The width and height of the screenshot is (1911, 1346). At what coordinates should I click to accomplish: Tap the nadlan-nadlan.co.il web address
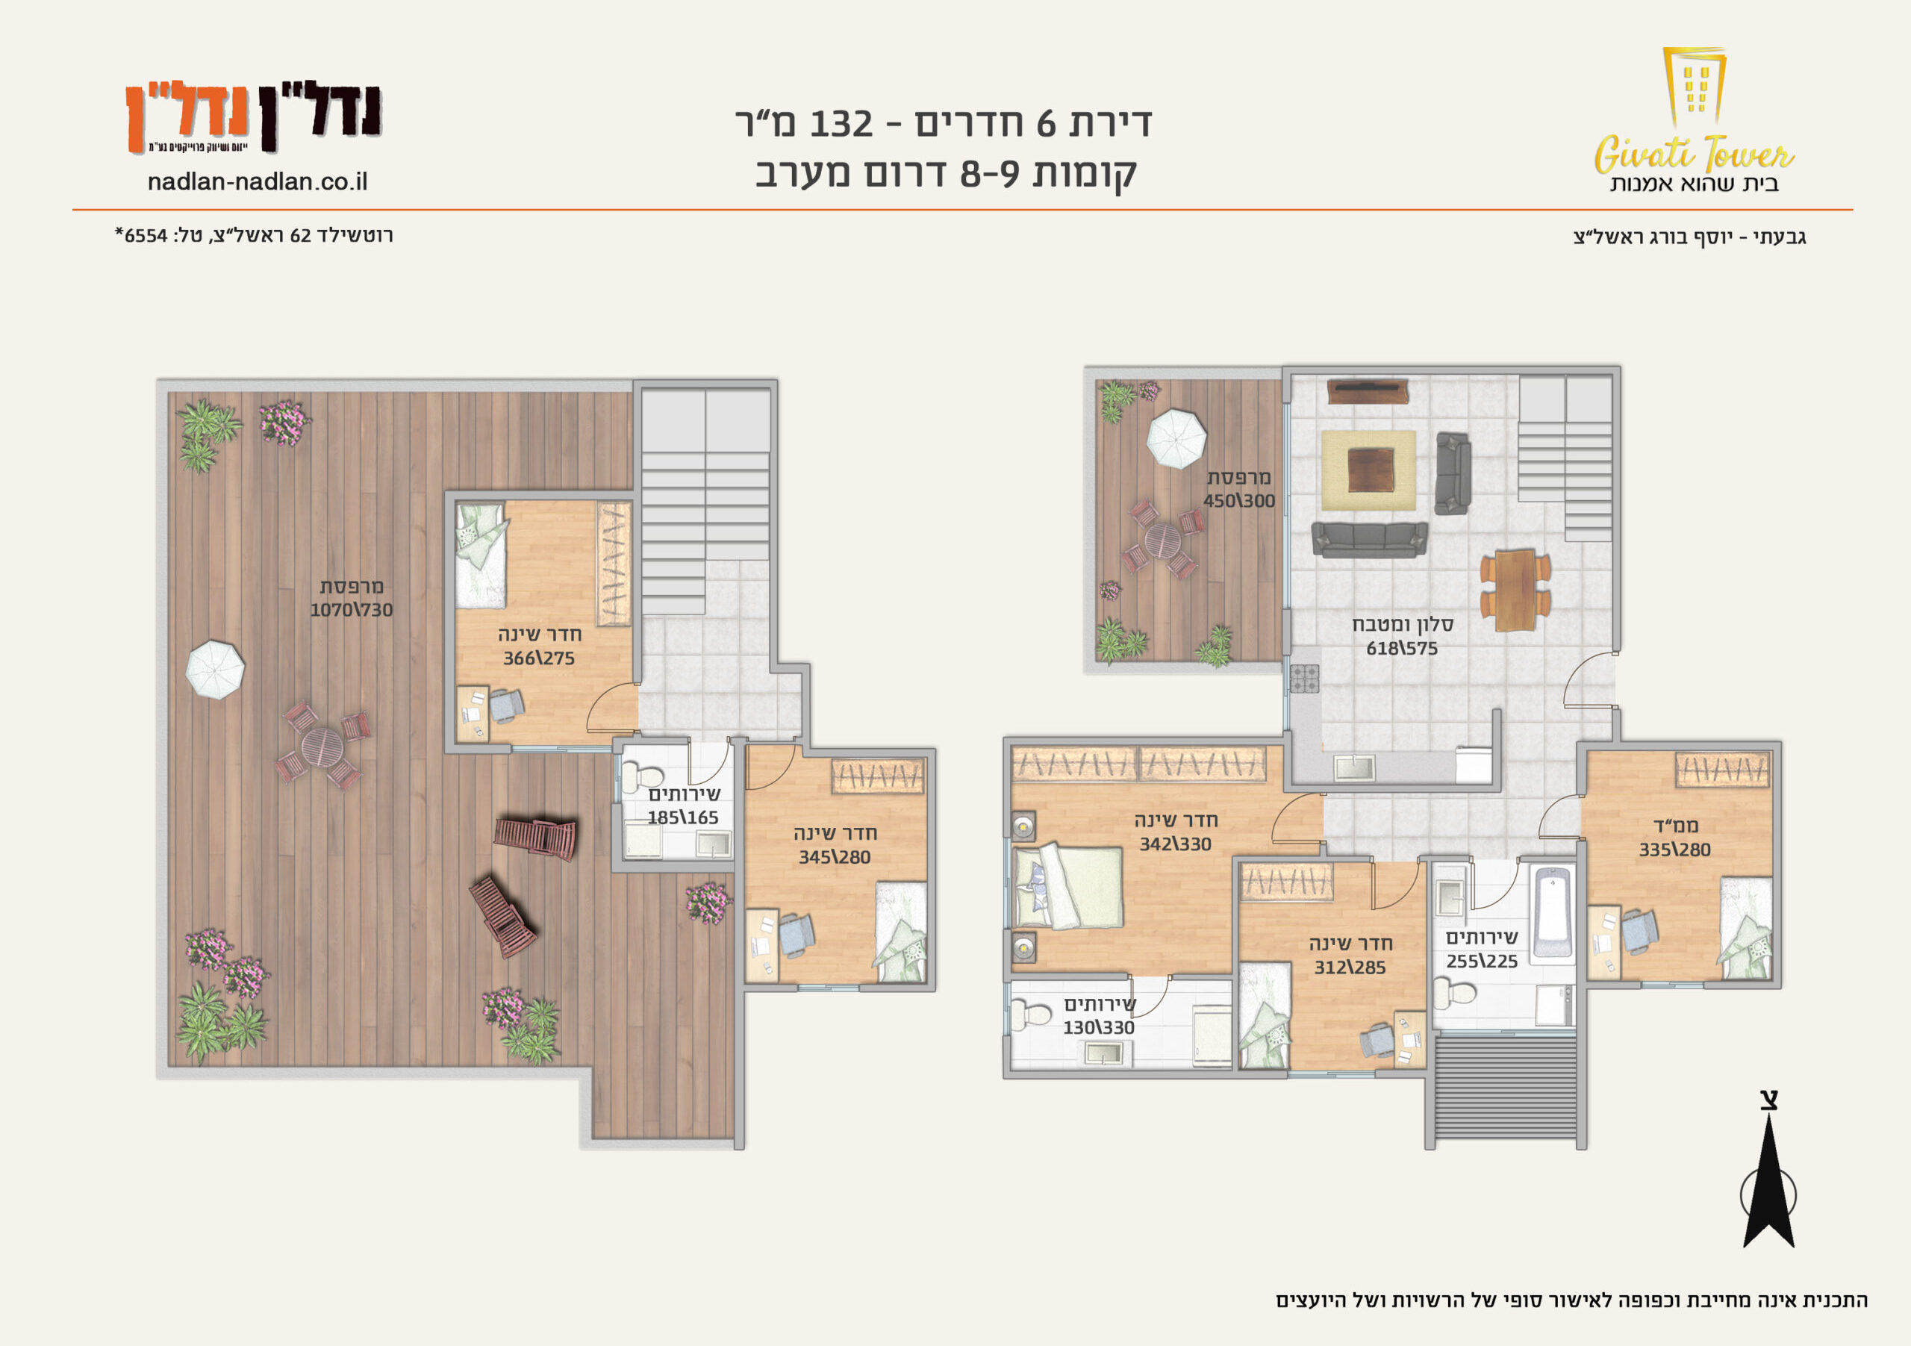pyautogui.click(x=258, y=181)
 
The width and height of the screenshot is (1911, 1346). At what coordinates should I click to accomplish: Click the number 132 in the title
pyautogui.click(x=841, y=124)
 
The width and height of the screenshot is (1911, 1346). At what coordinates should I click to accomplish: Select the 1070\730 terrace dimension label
pyautogui.click(x=352, y=609)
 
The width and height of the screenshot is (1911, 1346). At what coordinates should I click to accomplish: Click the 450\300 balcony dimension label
pyautogui.click(x=1239, y=500)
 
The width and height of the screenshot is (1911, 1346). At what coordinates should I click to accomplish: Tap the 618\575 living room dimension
pyautogui.click(x=1402, y=647)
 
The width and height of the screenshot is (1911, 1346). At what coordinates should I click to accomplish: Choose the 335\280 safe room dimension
pyautogui.click(x=1674, y=849)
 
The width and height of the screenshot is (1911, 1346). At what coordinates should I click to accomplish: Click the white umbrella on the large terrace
pyautogui.click(x=215, y=669)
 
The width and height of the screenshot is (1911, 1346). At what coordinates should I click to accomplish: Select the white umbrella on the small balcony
pyautogui.click(x=1176, y=439)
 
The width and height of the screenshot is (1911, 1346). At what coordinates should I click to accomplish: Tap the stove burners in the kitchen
pyautogui.click(x=1304, y=679)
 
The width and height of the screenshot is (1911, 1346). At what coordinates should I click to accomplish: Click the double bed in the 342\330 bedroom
pyautogui.click(x=1068, y=887)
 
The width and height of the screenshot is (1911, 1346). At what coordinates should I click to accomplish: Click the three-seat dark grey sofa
pyautogui.click(x=1369, y=540)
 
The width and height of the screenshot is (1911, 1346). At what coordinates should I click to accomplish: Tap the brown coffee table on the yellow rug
pyautogui.click(x=1371, y=470)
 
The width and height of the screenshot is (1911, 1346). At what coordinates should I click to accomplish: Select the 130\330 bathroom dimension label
pyautogui.click(x=1099, y=1027)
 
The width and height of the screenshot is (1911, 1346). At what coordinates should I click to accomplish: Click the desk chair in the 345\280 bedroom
pyautogui.click(x=796, y=935)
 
